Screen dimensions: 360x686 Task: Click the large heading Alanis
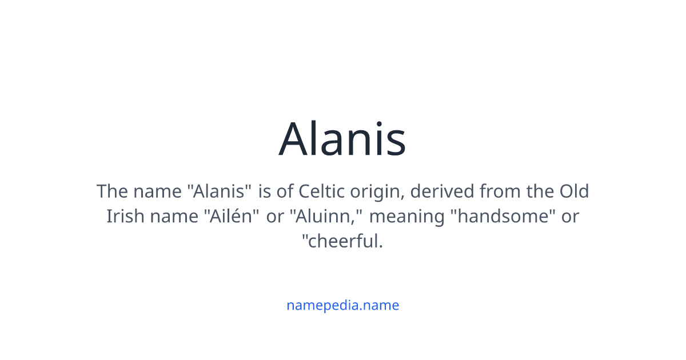(342, 139)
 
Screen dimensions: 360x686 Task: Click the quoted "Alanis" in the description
(220, 191)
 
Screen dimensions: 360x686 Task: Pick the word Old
(573, 191)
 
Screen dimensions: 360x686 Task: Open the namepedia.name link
(342, 305)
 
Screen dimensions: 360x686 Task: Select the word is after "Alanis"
(265, 191)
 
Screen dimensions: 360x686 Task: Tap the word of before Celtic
(285, 191)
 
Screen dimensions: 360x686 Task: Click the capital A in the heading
(294, 139)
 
